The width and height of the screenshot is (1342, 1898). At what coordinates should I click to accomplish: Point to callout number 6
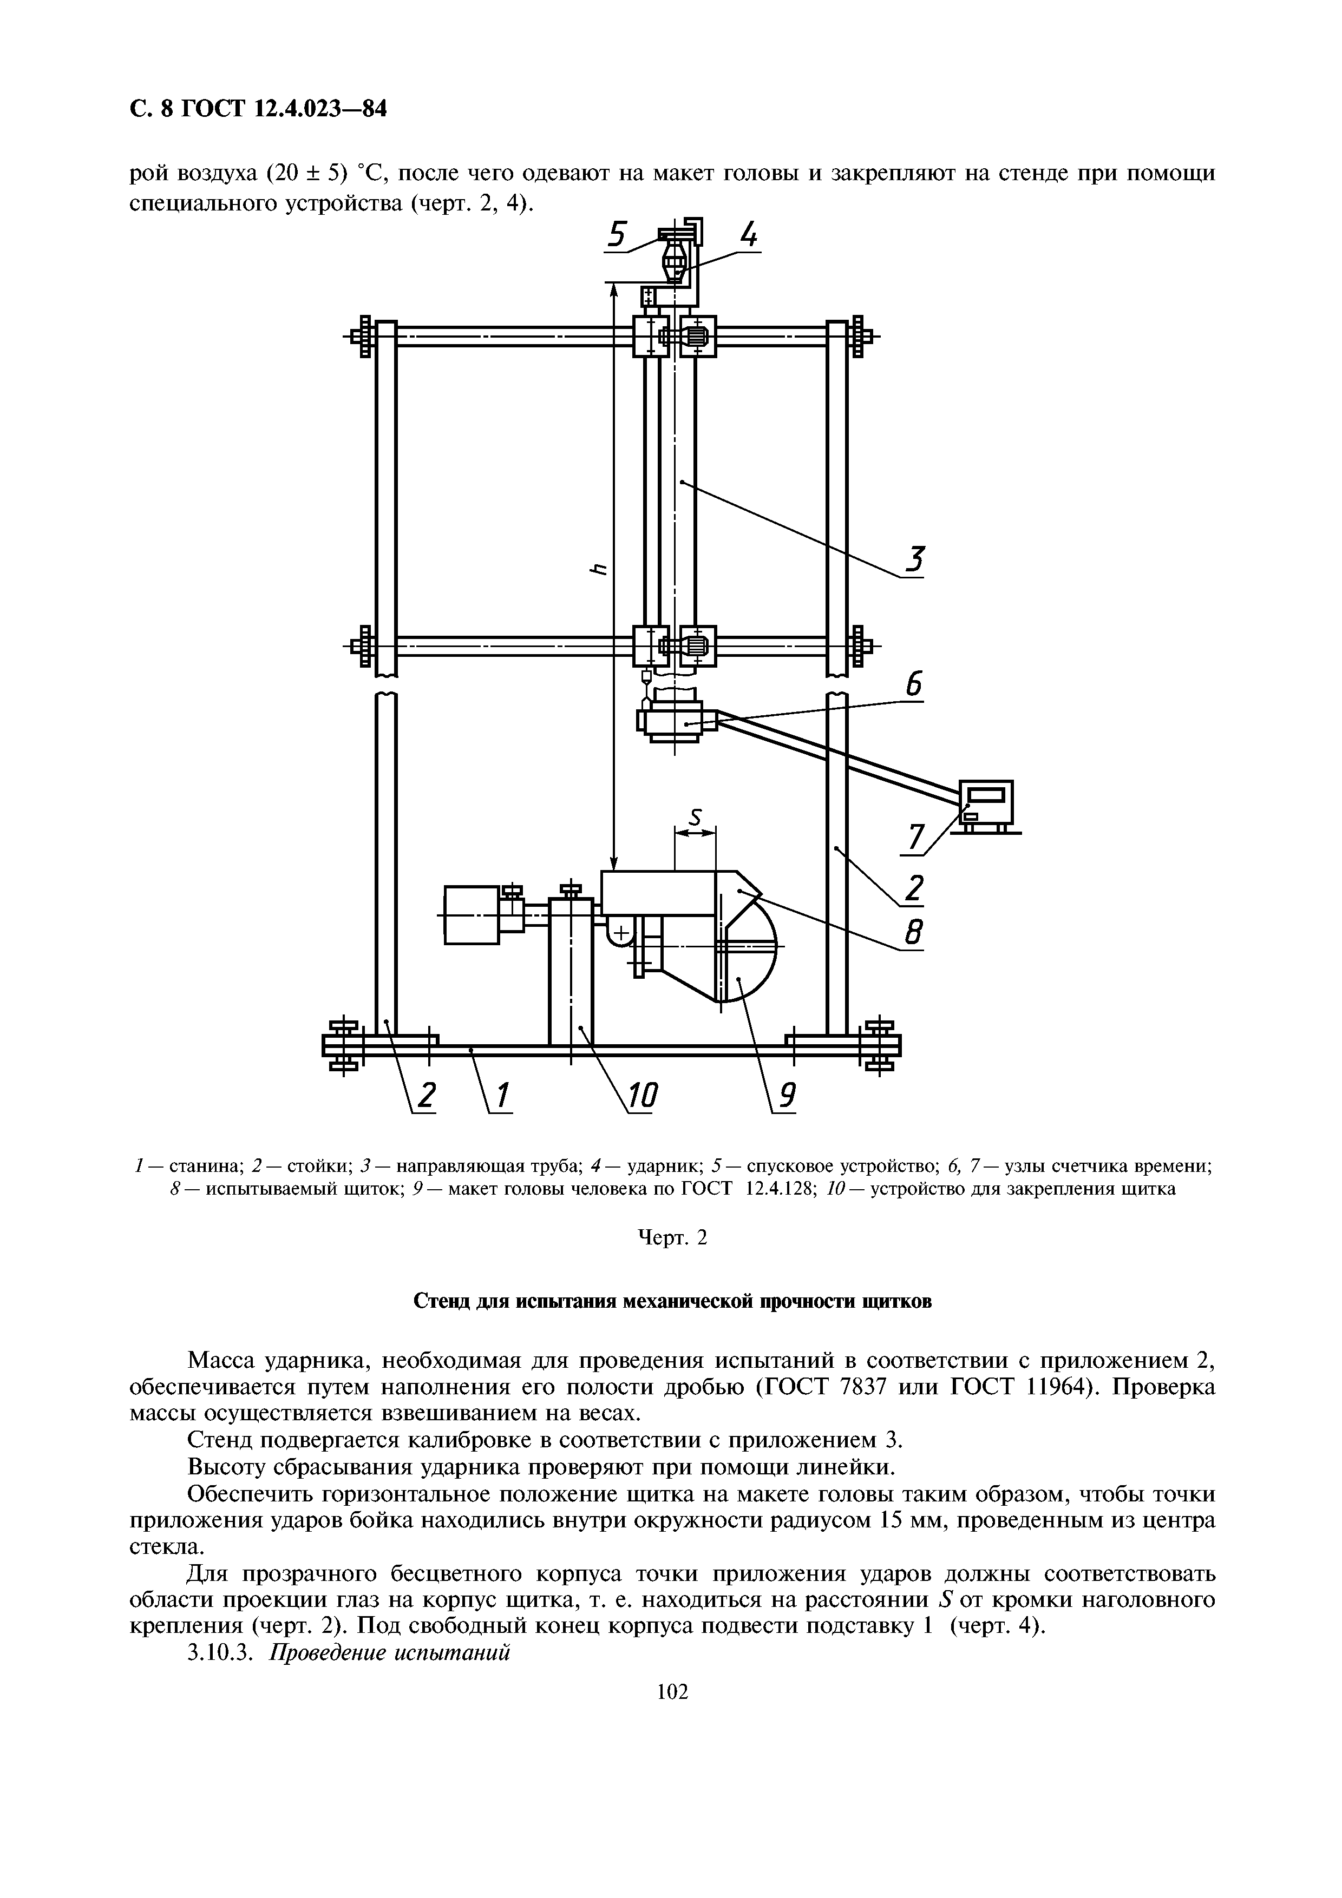coord(913,686)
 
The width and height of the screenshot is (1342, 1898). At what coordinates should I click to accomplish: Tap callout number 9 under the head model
coord(787,1096)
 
